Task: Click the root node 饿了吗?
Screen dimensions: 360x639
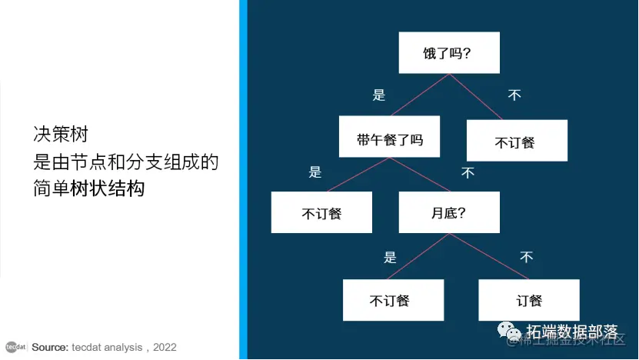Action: [449, 53]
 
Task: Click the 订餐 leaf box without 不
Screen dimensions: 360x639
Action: [528, 300]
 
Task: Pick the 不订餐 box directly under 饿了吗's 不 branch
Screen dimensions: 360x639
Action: [517, 141]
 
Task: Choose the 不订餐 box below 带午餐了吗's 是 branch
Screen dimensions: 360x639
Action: [321, 212]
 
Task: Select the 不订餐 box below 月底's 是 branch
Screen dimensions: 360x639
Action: [393, 300]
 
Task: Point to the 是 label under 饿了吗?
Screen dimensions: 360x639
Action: [378, 95]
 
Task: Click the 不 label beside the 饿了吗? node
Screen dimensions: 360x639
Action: [514, 95]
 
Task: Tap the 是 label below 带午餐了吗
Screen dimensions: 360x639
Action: [315, 172]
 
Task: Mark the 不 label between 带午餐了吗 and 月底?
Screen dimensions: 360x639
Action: [468, 173]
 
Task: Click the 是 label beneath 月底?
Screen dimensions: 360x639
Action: [390, 257]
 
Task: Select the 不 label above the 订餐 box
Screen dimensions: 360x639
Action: [526, 257]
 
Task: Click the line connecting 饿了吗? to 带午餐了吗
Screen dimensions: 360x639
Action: [419, 95]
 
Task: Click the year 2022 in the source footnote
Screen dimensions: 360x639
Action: [165, 348]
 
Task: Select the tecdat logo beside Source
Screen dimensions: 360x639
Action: [16, 347]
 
